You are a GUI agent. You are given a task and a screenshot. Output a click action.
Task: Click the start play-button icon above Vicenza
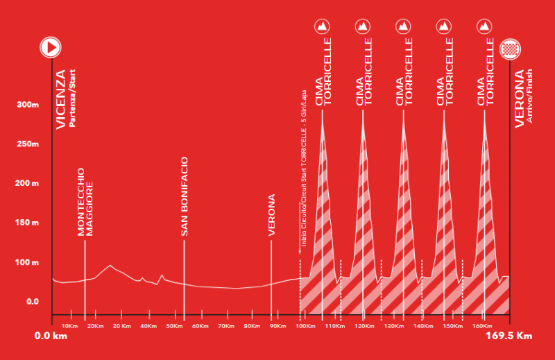51,47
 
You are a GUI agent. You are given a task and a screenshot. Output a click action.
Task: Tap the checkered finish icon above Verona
510,48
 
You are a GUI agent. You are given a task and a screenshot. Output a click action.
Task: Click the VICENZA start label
60,99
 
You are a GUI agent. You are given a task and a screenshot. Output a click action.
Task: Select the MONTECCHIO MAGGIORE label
85,203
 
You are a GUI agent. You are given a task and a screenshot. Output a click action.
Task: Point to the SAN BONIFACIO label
185,201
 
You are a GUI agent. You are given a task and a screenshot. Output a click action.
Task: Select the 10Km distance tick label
69,325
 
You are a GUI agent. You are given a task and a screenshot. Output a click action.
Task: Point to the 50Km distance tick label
174,325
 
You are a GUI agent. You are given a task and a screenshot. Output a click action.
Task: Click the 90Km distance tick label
278,325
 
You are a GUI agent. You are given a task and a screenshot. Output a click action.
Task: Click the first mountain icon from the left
322,26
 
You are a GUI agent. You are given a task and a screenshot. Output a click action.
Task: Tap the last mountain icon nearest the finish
485,26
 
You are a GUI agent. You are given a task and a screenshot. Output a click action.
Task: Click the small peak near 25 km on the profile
110,266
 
